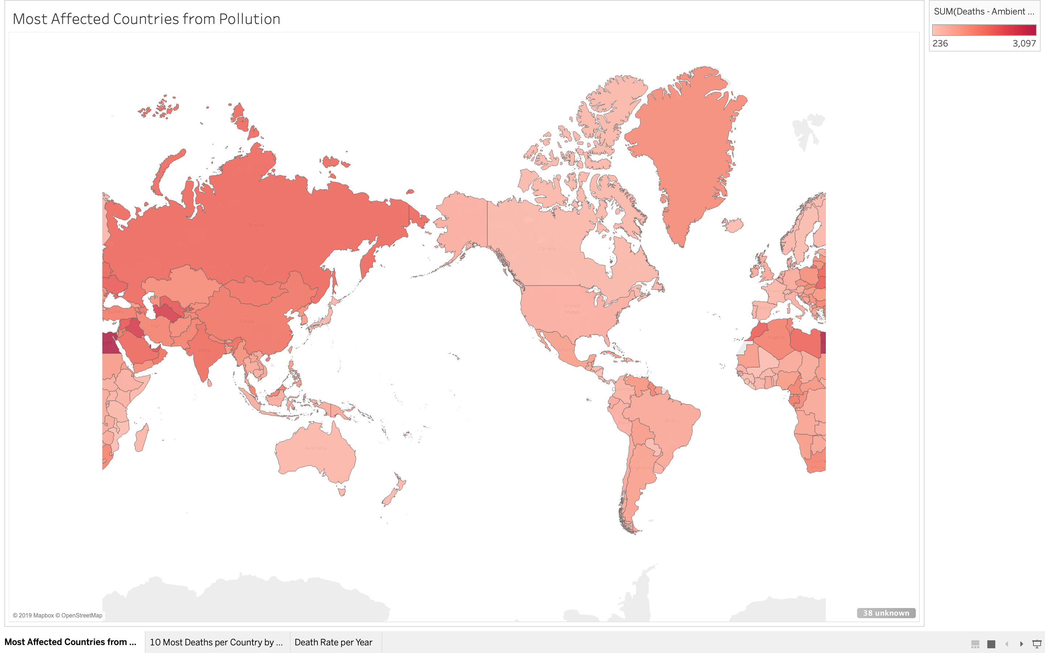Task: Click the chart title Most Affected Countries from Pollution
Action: (x=146, y=19)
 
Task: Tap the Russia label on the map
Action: (x=256, y=225)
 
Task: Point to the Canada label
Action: (x=547, y=249)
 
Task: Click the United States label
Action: (x=572, y=309)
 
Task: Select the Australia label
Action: (x=315, y=448)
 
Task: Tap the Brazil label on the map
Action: (x=672, y=421)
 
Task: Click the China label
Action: (x=247, y=321)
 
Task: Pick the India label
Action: (x=204, y=350)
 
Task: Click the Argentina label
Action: (x=642, y=468)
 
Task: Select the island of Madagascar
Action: (x=141, y=438)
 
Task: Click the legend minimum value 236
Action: (x=940, y=44)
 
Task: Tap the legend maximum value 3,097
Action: (x=1024, y=44)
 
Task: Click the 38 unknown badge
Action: (x=886, y=613)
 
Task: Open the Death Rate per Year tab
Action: (x=333, y=642)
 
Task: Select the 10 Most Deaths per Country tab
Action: (x=216, y=642)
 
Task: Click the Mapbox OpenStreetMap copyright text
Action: (x=57, y=615)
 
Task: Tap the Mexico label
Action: (x=566, y=350)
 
